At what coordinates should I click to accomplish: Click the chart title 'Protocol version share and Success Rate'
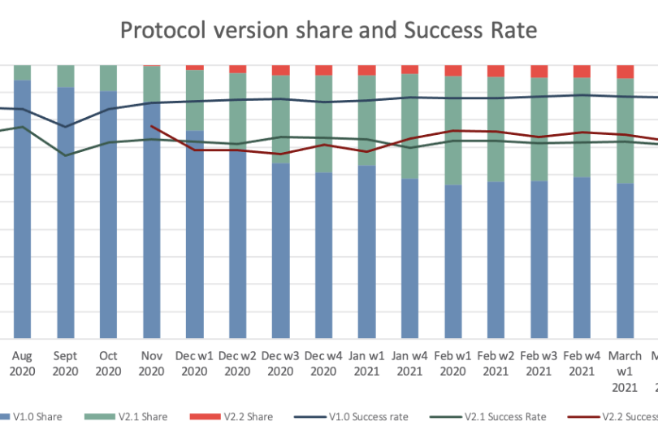click(328, 30)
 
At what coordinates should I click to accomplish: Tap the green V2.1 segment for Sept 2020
click(65, 76)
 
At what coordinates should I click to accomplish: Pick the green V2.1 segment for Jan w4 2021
click(409, 126)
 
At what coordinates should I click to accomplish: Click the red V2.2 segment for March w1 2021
click(625, 72)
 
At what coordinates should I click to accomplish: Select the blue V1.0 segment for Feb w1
click(452, 260)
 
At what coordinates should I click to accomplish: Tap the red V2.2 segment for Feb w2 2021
click(496, 71)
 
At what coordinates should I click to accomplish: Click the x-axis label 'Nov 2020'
click(151, 363)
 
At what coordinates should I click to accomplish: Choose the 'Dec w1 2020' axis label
click(194, 363)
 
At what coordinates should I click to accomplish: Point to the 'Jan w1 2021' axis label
click(366, 363)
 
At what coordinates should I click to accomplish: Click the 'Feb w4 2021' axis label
click(582, 363)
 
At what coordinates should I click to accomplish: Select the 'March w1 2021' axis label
click(625, 370)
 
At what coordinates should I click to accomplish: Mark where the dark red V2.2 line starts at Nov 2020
click(151, 126)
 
